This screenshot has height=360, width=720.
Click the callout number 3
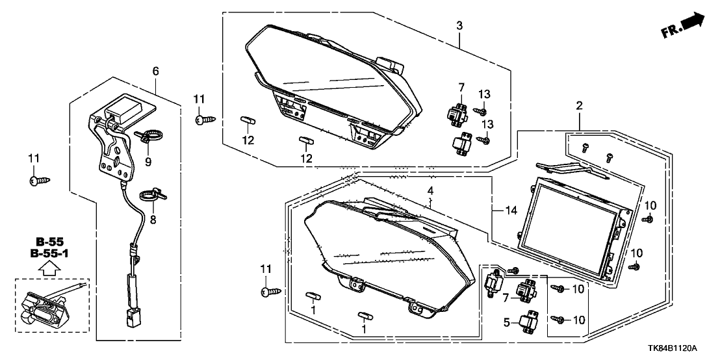459,25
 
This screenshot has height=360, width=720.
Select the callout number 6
155,71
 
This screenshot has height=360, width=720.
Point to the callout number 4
430,190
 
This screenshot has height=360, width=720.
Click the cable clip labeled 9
148,136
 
